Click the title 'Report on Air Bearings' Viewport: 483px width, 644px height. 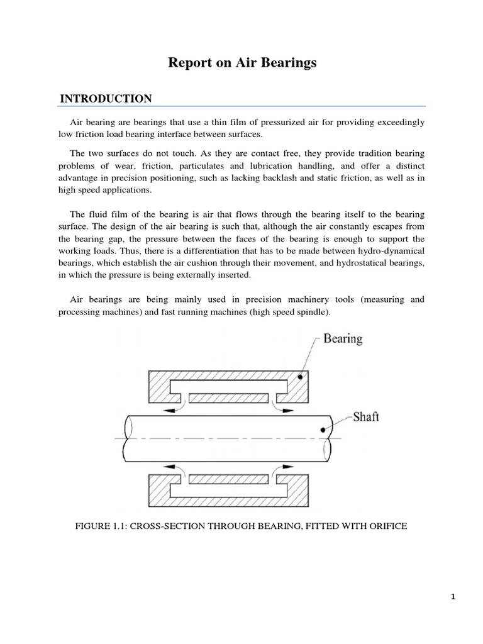pos(241,63)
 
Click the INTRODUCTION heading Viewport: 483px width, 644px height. pos(106,99)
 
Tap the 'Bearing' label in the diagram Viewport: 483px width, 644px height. pos(343,339)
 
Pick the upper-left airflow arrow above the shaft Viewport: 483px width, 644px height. pos(169,409)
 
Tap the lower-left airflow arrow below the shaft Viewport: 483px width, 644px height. pos(169,467)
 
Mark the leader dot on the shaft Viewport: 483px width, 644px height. pos(323,430)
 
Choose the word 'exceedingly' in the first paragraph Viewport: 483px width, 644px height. pos(398,121)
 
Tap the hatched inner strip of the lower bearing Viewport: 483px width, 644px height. pos(229,479)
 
